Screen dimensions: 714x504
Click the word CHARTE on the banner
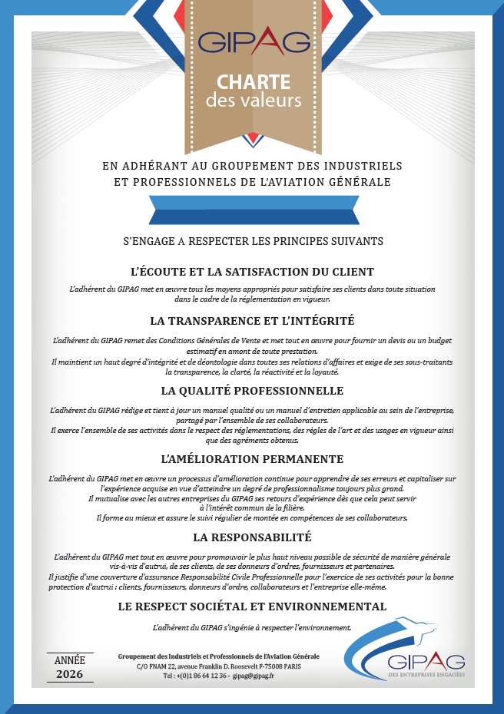click(x=253, y=82)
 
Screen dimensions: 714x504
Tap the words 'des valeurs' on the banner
click(x=253, y=101)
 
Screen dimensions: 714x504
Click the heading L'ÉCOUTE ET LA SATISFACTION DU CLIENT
click(x=252, y=272)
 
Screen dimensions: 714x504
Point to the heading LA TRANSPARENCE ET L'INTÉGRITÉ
click(x=252, y=320)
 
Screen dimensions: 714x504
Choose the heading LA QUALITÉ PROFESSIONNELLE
click(x=252, y=392)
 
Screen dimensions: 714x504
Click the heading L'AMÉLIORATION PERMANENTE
click(x=252, y=459)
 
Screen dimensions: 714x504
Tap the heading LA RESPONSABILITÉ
click(x=252, y=537)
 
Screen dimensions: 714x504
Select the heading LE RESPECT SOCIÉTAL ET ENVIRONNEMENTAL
click(x=252, y=607)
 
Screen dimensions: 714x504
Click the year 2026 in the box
click(x=71, y=674)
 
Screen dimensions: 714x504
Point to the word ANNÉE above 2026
click(x=71, y=659)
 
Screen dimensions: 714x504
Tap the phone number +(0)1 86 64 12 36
click(x=195, y=677)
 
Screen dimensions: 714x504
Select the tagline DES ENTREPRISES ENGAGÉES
click(x=426, y=675)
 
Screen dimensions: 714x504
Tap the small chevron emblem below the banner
click(x=252, y=140)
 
